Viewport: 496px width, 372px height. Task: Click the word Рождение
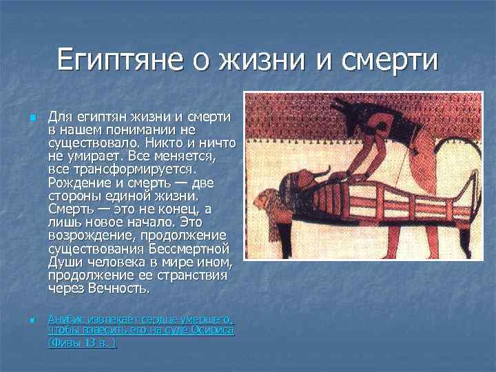click(79, 182)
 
